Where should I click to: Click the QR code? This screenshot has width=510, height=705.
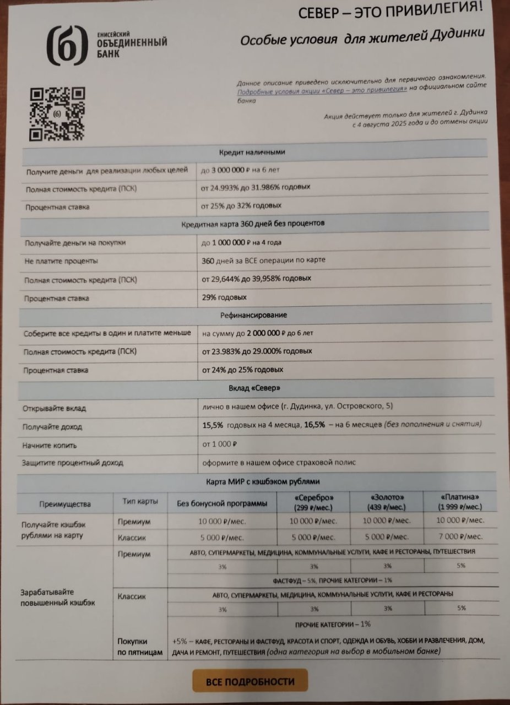coord(57,113)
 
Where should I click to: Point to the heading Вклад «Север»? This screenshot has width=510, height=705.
coord(254,389)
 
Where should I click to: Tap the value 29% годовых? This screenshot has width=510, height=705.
coord(224,297)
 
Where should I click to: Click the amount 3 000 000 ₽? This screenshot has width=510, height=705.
coord(227,170)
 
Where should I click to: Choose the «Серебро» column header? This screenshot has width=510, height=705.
coord(314,501)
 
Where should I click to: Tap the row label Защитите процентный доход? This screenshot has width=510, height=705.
coord(73,463)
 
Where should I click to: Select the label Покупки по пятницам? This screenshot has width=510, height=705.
coord(140,647)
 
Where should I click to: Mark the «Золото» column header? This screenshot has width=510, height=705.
coord(387,501)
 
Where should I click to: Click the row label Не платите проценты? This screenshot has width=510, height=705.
coord(61,261)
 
